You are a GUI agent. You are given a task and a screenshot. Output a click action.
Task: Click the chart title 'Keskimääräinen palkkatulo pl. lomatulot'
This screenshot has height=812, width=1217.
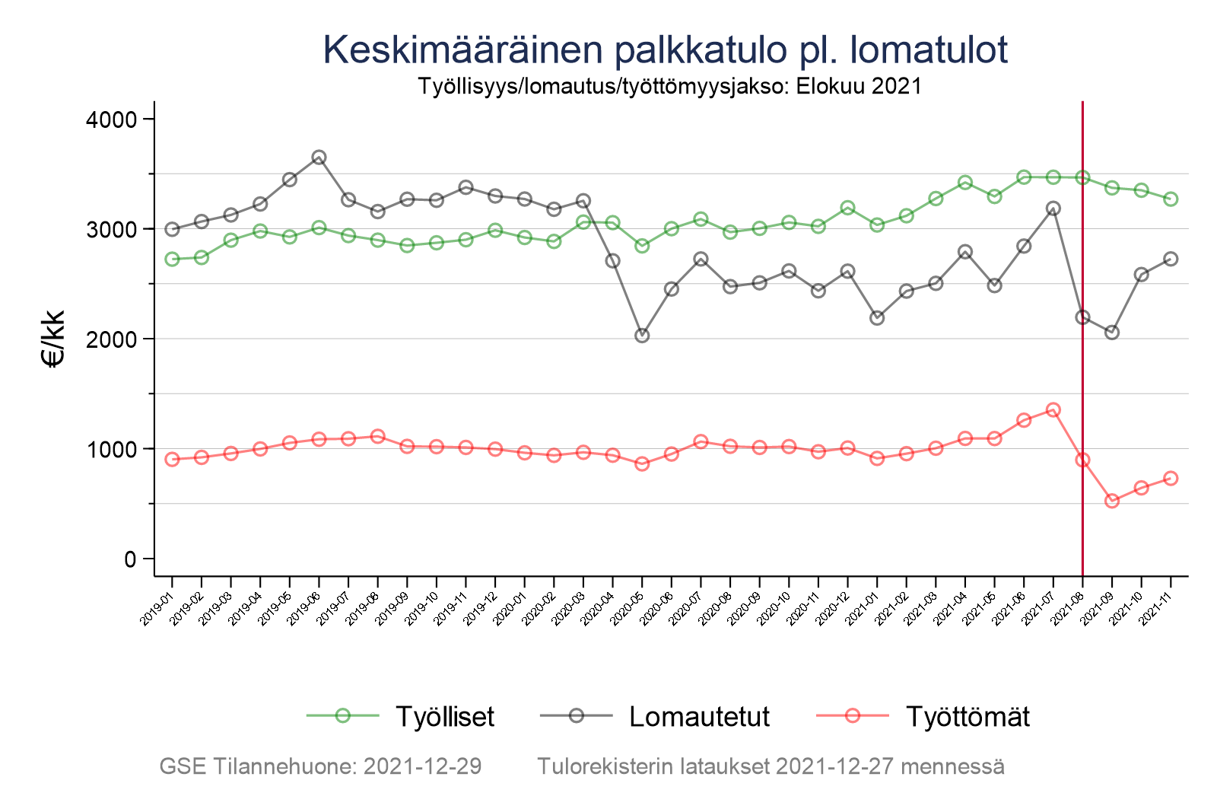pyautogui.click(x=665, y=50)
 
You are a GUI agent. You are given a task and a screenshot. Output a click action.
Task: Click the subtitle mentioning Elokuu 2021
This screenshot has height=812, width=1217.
pyautogui.click(x=669, y=87)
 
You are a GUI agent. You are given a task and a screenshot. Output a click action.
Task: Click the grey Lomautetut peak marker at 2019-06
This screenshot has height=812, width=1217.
pyautogui.click(x=319, y=158)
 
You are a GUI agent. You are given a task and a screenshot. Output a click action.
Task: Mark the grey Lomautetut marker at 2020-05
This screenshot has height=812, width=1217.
pyautogui.click(x=642, y=336)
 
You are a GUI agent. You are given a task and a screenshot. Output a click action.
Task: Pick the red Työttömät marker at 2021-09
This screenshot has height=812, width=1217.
pyautogui.click(x=1112, y=501)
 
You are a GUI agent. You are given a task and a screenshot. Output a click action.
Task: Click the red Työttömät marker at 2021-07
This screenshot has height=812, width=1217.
pyautogui.click(x=1053, y=410)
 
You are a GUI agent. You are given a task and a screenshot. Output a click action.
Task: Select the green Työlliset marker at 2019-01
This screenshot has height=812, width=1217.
pyautogui.click(x=172, y=260)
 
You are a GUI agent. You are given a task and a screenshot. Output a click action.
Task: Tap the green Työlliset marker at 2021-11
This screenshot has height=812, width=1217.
pyautogui.click(x=1171, y=199)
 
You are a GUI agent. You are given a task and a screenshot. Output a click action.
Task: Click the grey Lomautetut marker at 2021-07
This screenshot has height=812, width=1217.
pyautogui.click(x=1053, y=209)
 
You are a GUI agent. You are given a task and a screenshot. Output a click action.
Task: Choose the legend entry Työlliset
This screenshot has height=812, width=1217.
pyautogui.click(x=444, y=717)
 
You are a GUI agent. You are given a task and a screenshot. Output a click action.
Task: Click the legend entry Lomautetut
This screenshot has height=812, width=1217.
pyautogui.click(x=699, y=717)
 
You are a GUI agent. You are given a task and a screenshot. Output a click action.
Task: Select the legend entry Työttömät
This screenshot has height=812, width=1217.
pyautogui.click(x=967, y=717)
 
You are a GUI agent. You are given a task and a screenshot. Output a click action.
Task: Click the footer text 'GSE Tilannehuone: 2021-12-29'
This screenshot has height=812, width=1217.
pyautogui.click(x=320, y=766)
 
